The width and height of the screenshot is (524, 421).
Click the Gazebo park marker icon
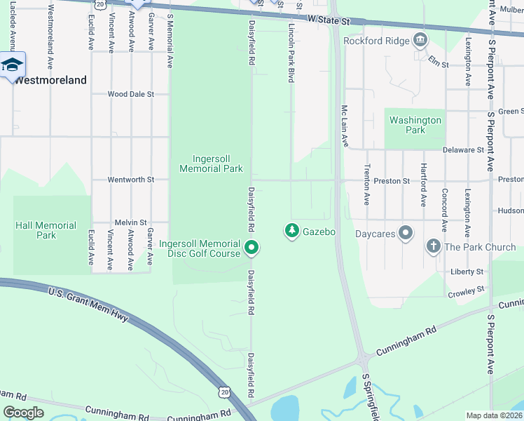click(292, 230)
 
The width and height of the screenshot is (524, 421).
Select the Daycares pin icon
click(405, 233)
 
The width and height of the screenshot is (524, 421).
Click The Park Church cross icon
click(433, 247)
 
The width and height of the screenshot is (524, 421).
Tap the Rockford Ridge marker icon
click(420, 39)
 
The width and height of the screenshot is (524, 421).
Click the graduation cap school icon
click(12, 65)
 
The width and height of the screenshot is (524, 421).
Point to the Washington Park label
click(415, 125)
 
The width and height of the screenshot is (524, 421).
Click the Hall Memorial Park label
click(46, 230)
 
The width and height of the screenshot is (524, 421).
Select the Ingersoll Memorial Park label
click(211, 163)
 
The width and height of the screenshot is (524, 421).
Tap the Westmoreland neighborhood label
click(50, 80)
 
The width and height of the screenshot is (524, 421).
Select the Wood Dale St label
click(130, 94)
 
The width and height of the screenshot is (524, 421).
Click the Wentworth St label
click(130, 180)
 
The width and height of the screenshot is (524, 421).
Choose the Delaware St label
click(463, 149)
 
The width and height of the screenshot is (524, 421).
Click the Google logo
click(24, 412)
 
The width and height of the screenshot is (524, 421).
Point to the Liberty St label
click(467, 272)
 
